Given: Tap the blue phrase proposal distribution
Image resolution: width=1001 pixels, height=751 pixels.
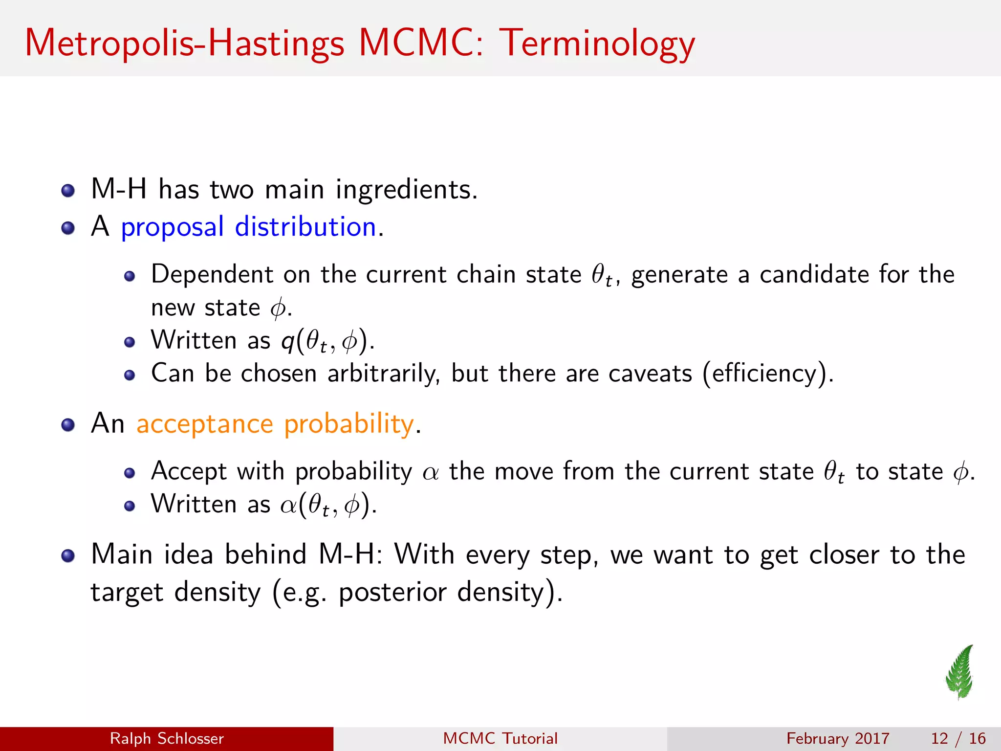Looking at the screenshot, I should coord(248,227).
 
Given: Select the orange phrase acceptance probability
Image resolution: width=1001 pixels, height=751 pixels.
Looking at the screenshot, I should coord(275,423).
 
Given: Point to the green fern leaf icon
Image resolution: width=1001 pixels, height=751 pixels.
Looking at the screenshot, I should coord(960,672).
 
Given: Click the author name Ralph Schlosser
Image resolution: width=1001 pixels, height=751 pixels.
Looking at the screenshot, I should coord(167,738).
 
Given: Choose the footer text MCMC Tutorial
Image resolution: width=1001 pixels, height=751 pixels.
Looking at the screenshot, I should coord(500,738).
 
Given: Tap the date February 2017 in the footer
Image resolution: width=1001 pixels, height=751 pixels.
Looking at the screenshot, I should coord(838,738).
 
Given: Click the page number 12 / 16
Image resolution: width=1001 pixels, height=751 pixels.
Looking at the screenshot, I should coord(958,738).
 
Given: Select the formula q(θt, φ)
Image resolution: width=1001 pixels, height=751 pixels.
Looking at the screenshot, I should coord(327,341).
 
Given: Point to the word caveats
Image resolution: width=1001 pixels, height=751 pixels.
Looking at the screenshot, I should coord(650,374).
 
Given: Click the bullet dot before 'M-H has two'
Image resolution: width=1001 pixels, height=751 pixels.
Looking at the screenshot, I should coord(68,190).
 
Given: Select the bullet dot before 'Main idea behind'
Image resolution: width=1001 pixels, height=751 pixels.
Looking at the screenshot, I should coord(68,555).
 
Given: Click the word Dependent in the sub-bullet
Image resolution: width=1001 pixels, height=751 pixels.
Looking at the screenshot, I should coord(212,274).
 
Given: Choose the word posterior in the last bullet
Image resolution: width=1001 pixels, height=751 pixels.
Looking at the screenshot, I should coord(392,592).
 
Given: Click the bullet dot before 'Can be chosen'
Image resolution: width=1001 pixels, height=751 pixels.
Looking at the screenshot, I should coord(129,375).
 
